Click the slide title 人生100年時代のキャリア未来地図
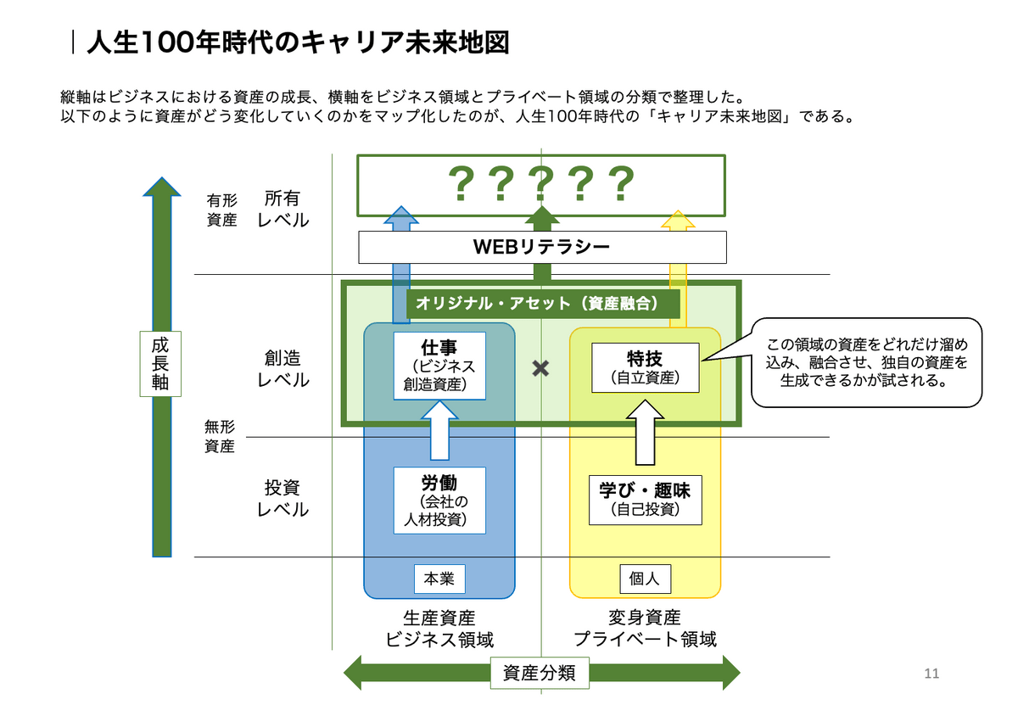point(298,42)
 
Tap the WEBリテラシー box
point(542,247)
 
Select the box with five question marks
point(541,182)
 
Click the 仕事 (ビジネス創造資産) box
point(439,366)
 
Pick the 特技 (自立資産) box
point(645,367)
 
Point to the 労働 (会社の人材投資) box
point(439,501)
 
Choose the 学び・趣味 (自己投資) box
point(646,500)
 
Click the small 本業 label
point(439,579)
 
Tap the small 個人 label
point(645,579)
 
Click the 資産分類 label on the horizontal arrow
point(540,674)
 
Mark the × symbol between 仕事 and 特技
point(540,368)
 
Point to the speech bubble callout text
point(865,363)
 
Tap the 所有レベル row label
point(282,209)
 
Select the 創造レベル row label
point(282,368)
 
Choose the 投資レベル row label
point(282,499)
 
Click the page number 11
point(931,674)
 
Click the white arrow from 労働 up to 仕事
point(439,432)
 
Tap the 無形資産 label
point(220,436)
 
